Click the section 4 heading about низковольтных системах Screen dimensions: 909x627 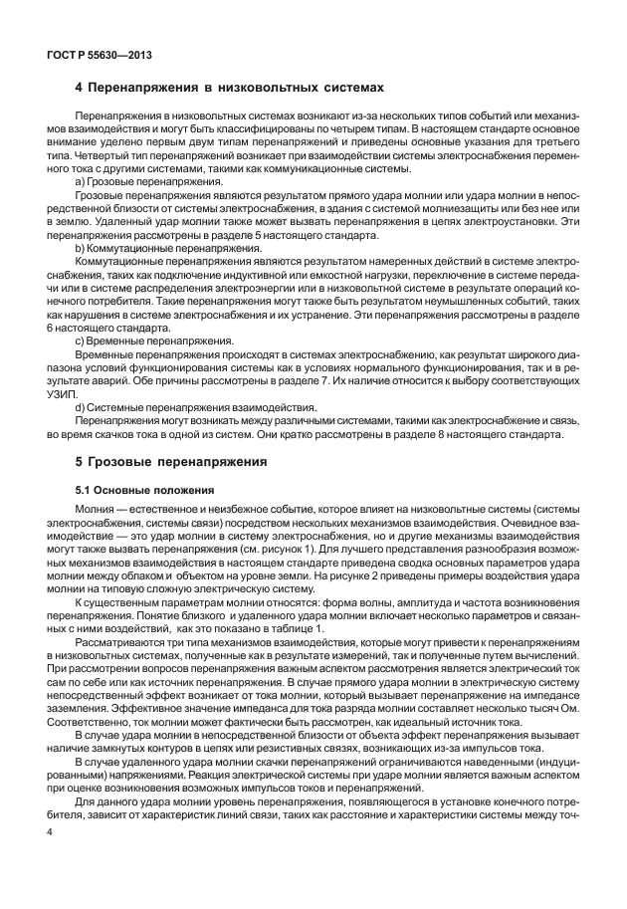coord(229,88)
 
